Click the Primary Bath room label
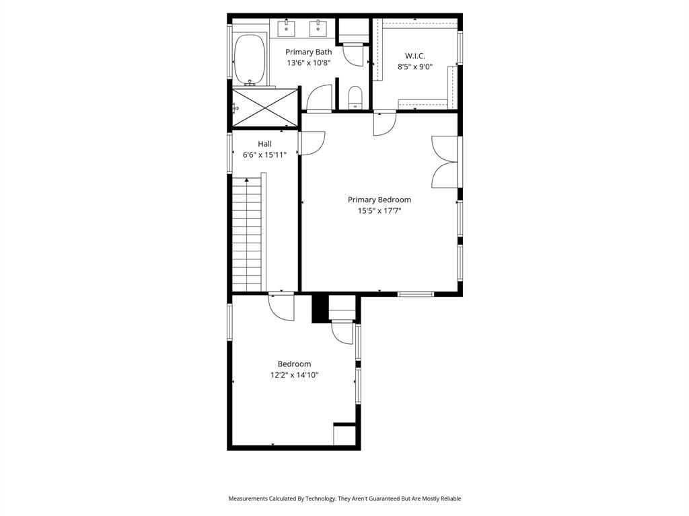click(308, 52)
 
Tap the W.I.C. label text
click(414, 55)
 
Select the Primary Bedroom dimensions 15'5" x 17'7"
click(379, 211)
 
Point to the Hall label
click(264, 144)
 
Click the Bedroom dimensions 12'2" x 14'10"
click(294, 376)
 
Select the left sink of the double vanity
click(286, 28)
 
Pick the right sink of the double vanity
click(317, 28)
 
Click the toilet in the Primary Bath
click(355, 97)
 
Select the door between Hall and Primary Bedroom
click(312, 143)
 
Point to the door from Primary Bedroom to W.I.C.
click(384, 124)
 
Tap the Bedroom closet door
click(342, 332)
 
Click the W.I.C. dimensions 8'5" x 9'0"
click(414, 67)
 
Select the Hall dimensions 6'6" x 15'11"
click(264, 155)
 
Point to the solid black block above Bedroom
click(320, 308)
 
